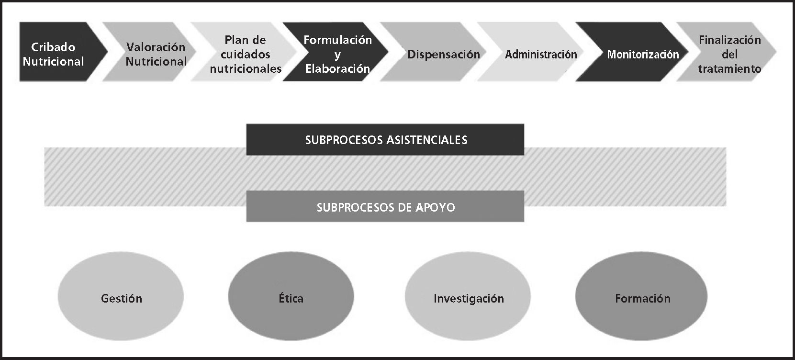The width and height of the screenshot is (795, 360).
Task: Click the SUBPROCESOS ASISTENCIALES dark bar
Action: pyautogui.click(x=385, y=140)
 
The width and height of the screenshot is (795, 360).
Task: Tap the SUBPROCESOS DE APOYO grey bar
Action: pyautogui.click(x=385, y=207)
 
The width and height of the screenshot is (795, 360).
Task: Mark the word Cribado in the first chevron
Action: pyautogui.click(x=53, y=47)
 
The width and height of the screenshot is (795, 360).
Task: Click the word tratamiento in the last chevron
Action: pyautogui.click(x=729, y=68)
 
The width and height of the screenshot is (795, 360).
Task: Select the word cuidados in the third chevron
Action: pyautogui.click(x=246, y=54)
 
